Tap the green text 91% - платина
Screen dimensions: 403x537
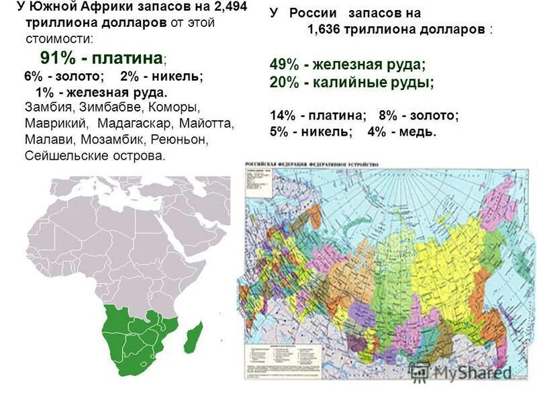point(97,57)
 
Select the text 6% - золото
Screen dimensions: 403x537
point(64,76)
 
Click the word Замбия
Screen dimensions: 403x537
point(48,107)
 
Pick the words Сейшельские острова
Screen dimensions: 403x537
point(94,156)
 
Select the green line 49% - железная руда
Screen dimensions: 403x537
point(347,64)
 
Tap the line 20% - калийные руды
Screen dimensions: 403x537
point(352,82)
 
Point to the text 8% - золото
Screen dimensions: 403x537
point(419,116)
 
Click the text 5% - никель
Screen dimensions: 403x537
point(311,132)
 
